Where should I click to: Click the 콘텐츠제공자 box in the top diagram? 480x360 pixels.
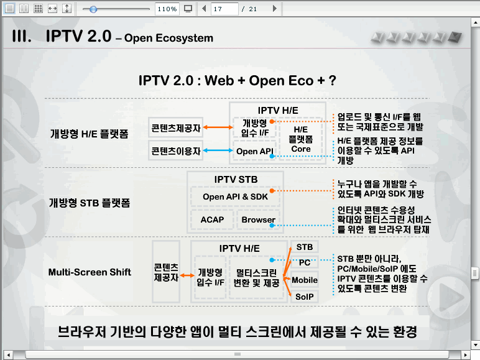click(176, 127)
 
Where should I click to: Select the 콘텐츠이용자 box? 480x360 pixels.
click(176, 150)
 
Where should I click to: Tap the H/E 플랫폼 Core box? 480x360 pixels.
click(300, 139)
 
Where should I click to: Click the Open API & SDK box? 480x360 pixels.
click(235, 196)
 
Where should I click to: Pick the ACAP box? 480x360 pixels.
click(212, 219)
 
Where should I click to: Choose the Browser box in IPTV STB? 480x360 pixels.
click(259, 219)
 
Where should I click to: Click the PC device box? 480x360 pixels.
click(304, 262)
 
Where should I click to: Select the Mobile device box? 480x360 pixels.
click(304, 280)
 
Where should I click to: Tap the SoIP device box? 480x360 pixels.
click(304, 297)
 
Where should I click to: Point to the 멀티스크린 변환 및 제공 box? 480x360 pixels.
click(257, 277)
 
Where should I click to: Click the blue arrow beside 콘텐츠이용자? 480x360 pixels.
click(218, 150)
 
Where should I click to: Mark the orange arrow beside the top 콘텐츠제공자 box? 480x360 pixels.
click(218, 127)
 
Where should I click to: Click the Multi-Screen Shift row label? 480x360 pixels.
click(90, 272)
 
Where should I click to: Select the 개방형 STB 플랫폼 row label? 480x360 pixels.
click(90, 203)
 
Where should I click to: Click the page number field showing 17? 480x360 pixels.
click(224, 9)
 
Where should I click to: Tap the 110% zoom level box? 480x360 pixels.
click(167, 9)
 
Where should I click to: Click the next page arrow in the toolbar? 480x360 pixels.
click(275, 9)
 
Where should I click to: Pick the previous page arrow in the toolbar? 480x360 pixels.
click(204, 9)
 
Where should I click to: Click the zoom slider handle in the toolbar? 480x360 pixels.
click(93, 9)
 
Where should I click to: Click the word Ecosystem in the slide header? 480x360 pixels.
click(184, 38)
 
